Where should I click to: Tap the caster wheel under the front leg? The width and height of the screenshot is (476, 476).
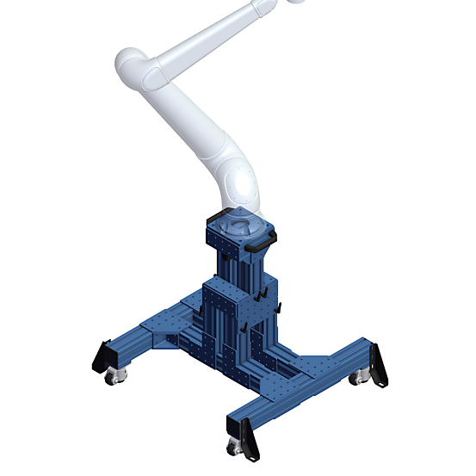[x=233, y=446]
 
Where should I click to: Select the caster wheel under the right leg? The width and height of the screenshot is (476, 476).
[x=356, y=377]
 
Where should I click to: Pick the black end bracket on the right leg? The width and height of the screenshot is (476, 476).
[x=377, y=364]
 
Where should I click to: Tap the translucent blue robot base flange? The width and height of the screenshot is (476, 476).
[x=238, y=225]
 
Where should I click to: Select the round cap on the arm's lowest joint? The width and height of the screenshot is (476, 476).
[x=240, y=183]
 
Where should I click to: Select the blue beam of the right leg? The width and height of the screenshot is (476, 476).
[x=344, y=353]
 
